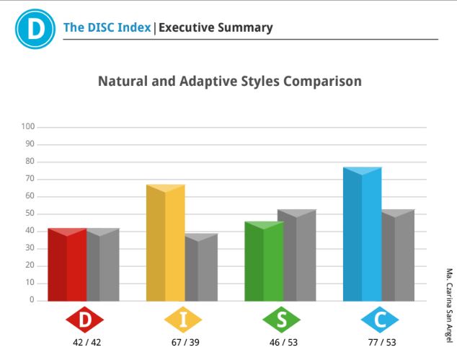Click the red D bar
(x=67, y=265)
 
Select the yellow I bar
(x=166, y=242)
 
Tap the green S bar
(x=264, y=261)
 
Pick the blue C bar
(x=363, y=234)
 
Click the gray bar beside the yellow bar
(x=201, y=267)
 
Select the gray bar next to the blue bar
(x=398, y=255)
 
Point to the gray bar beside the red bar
(x=103, y=265)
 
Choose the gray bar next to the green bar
(x=300, y=255)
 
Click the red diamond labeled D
(x=85, y=320)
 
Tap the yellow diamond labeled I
(x=183, y=320)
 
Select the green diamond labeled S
(x=282, y=320)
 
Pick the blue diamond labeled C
(x=380, y=320)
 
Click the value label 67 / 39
(x=185, y=342)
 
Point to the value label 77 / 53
(x=382, y=342)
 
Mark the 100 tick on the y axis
(x=27, y=126)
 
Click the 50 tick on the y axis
(x=30, y=214)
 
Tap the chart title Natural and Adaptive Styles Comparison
(x=230, y=81)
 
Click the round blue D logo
(x=35, y=29)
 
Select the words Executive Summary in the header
(x=216, y=27)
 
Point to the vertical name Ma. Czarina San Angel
(x=449, y=305)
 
